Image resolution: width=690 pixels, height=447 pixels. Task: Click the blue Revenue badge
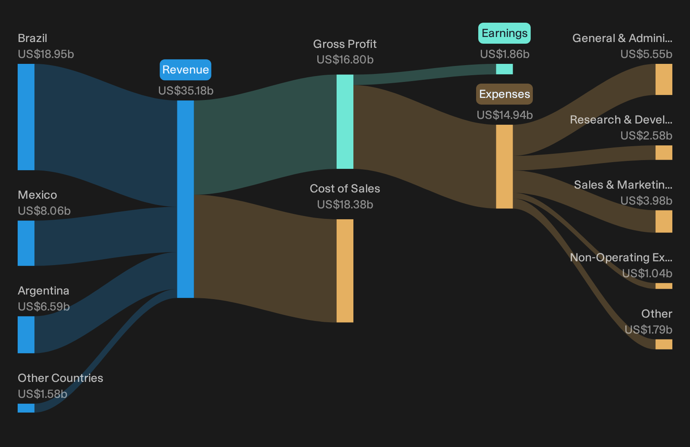pos(185,70)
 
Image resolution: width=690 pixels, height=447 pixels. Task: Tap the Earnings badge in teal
pos(504,33)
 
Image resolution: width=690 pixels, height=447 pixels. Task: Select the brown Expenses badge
pos(504,94)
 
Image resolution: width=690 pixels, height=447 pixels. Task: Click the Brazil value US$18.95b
pos(46,54)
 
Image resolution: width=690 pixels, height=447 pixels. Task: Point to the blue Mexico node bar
pos(26,243)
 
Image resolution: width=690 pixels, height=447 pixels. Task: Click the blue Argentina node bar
pos(26,334)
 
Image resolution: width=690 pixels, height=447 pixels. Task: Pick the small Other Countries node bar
pos(26,408)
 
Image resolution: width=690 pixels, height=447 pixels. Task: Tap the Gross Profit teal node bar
pos(345,122)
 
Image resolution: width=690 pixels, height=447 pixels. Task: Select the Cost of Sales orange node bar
pos(345,271)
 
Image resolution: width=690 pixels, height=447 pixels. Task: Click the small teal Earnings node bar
pos(504,69)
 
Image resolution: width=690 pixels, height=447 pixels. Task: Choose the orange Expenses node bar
pos(504,167)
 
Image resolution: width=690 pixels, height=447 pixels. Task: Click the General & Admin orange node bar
pos(664,79)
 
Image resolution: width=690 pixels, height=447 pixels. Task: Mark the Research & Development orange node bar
pos(664,153)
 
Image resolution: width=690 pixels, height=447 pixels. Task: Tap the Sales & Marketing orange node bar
pos(664,221)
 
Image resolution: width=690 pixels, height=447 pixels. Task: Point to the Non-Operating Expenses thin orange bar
pos(664,286)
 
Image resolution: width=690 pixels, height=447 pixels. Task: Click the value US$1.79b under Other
pos(648,330)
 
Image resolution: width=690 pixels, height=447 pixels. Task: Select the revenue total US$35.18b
pos(186,91)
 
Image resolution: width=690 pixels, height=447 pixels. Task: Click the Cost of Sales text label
pos(345,189)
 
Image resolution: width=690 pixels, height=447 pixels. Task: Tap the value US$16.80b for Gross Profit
pos(345,60)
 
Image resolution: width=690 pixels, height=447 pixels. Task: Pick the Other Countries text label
pos(61,378)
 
